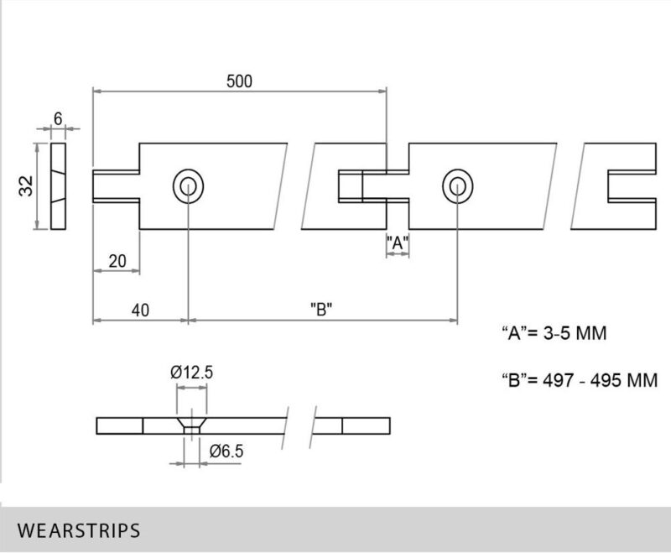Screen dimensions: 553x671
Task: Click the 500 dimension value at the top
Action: pos(239,81)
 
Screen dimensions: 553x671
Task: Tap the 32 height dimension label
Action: pos(26,186)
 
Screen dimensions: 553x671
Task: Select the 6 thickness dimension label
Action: pos(58,119)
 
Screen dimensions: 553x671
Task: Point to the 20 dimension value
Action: pos(117,262)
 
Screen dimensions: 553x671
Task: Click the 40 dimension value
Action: pos(139,310)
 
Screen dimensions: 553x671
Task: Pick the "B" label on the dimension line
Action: pos(321,310)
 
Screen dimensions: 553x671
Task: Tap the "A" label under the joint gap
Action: pos(397,243)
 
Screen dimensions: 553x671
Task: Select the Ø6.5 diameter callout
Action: pos(226,451)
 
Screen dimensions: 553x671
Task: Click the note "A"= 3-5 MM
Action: pos(553,334)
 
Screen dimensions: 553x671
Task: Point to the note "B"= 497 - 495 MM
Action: pos(578,379)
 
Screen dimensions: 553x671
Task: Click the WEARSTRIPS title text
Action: pos(78,530)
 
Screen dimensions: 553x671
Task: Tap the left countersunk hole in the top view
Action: pos(188,185)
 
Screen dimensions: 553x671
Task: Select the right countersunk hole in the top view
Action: pos(458,185)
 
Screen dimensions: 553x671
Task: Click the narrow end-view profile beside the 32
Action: pos(58,186)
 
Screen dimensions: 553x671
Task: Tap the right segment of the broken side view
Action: pos(352,425)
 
